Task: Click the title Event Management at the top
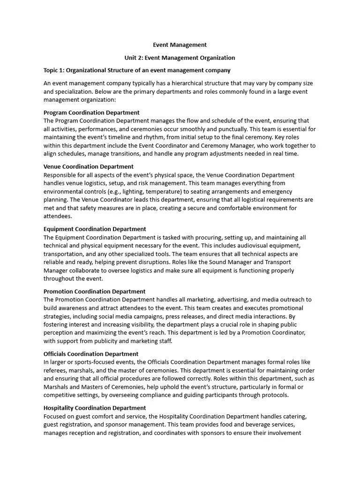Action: click(x=180, y=45)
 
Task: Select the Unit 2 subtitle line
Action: click(x=180, y=58)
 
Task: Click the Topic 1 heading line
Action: click(x=137, y=70)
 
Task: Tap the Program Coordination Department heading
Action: click(x=91, y=112)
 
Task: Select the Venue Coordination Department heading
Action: click(x=88, y=166)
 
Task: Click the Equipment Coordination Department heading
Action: click(x=95, y=229)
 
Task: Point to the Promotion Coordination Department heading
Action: click(x=94, y=291)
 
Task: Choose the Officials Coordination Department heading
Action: click(x=91, y=354)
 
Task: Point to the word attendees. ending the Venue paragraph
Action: click(x=58, y=217)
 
